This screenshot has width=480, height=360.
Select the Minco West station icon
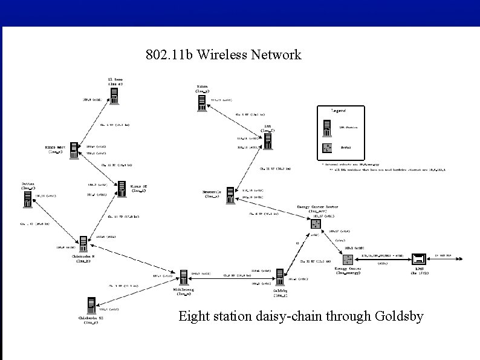tap(74, 151)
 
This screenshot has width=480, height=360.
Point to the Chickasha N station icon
tap(85, 244)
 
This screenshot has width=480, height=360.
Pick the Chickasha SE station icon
tap(91, 306)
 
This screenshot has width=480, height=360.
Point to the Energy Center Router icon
tap(314, 224)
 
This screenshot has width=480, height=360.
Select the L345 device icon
tap(417, 259)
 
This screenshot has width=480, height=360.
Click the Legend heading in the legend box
tap(339, 111)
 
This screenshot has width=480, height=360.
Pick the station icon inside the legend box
tap(327, 128)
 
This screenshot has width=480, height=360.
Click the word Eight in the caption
tap(193, 316)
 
